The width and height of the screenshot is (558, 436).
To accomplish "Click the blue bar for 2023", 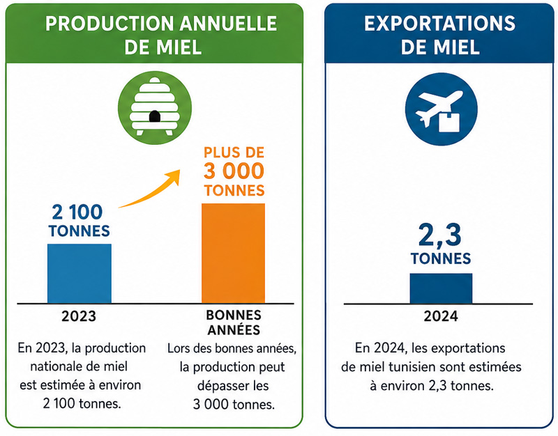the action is pyautogui.click(x=80, y=274).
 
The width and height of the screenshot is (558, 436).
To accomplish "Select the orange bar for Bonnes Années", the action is pyautogui.click(x=234, y=254).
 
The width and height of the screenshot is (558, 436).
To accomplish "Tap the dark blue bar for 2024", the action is pyautogui.click(x=441, y=288).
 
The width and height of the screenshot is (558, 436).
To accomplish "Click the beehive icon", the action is pyautogui.click(x=154, y=107).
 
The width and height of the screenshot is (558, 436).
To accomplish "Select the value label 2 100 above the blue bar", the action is pyautogui.click(x=77, y=212).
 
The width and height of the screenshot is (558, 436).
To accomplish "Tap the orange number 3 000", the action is pyautogui.click(x=234, y=171).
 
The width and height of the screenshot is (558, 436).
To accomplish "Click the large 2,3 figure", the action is pyautogui.click(x=440, y=235).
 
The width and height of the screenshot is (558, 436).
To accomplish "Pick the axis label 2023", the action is pyautogui.click(x=79, y=316).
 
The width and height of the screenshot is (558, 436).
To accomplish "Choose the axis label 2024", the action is pyautogui.click(x=441, y=316).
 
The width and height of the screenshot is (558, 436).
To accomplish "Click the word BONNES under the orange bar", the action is pyautogui.click(x=234, y=315).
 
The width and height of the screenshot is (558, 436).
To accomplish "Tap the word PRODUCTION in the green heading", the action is pyautogui.click(x=110, y=24).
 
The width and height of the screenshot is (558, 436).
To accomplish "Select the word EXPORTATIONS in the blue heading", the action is pyautogui.click(x=440, y=24).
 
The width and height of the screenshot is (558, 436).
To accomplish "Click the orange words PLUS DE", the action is pyautogui.click(x=234, y=153).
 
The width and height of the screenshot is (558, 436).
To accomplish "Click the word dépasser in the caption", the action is pyautogui.click(x=221, y=386).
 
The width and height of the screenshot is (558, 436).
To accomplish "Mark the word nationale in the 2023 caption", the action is pyautogui.click(x=54, y=366).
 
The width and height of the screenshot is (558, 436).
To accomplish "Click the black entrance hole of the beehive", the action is pyautogui.click(x=154, y=116).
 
